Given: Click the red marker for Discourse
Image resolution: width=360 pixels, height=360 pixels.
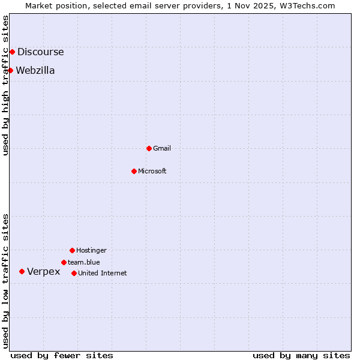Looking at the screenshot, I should tap(12, 52).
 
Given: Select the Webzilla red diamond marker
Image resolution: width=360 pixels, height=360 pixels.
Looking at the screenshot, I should tap(10, 70).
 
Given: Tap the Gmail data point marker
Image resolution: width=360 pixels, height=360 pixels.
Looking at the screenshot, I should tap(149, 148).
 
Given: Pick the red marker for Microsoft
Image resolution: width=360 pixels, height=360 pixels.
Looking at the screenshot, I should tap(134, 171).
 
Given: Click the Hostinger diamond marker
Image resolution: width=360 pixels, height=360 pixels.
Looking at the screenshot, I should tap(72, 250).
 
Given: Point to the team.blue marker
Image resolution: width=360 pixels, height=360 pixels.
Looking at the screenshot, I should tap(64, 262).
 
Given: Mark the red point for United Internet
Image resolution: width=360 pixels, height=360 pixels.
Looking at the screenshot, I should tap(74, 273).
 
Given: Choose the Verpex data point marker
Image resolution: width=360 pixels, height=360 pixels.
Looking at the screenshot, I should tap(22, 271).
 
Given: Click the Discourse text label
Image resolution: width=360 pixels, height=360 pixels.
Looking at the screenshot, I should tap(40, 52).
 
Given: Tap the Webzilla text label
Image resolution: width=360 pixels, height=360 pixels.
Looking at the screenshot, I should tap(35, 71).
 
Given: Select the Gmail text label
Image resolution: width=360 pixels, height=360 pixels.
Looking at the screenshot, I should tap(162, 149).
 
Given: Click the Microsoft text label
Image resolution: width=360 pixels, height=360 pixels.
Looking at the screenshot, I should tap(152, 172).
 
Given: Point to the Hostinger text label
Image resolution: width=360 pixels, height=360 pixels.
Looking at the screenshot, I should tap(91, 251).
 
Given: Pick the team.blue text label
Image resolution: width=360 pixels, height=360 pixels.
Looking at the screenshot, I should tap(84, 263).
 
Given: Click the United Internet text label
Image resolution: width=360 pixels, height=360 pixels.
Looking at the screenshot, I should tap(103, 274).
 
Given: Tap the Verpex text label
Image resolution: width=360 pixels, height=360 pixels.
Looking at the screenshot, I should tap(44, 272).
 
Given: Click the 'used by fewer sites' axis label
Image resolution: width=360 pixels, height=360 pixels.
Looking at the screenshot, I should tap(62, 356).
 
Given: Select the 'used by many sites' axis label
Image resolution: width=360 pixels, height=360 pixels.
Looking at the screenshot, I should tap(301, 356).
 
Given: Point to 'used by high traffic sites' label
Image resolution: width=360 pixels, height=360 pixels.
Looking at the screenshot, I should tap(6, 85).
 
